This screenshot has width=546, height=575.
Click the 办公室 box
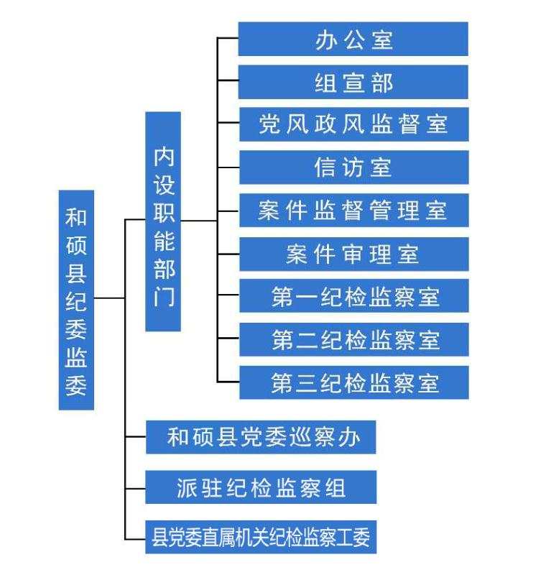click(353, 39)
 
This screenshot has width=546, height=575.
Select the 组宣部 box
click(353, 82)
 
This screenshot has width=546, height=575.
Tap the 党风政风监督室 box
click(353, 124)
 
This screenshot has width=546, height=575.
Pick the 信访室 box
click(353, 167)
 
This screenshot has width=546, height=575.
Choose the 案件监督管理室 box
click(353, 211)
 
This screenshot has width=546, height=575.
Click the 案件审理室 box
click(353, 254)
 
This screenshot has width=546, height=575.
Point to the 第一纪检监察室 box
click(353, 296)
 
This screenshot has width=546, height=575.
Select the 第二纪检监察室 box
click(353, 339)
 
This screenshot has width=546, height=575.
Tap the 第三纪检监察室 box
click(353, 382)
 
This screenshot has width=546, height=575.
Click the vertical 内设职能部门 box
click(163, 221)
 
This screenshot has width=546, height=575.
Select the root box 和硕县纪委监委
click(76, 300)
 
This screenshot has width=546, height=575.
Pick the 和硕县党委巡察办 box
click(261, 436)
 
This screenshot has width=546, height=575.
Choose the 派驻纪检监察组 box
click(261, 487)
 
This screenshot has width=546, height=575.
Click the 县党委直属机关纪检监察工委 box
click(261, 537)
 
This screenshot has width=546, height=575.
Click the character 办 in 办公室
click(325, 39)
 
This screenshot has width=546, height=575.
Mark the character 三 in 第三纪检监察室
click(306, 382)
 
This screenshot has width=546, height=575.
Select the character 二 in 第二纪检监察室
click(306, 339)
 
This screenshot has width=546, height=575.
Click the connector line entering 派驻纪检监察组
click(135, 487)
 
